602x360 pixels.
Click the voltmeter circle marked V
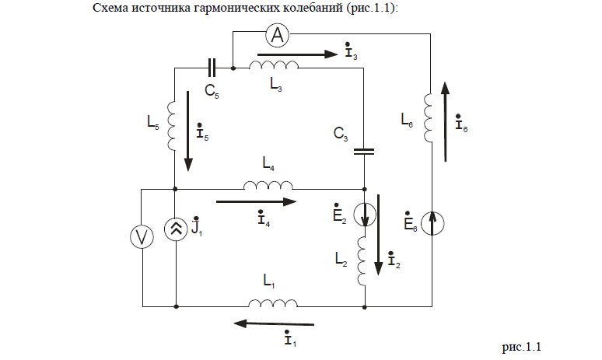click(142, 238)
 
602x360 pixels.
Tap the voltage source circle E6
click(433, 222)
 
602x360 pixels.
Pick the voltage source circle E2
click(365, 212)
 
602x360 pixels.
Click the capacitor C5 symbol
click(211, 68)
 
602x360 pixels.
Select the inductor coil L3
click(273, 66)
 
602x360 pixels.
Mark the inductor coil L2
click(364, 260)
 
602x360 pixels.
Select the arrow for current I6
click(446, 121)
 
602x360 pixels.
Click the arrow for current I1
click(275, 323)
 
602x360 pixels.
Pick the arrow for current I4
click(256, 202)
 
